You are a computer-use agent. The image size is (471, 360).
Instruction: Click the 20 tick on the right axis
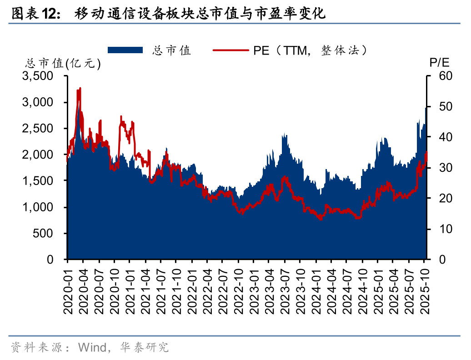pyautogui.click(x=440, y=199)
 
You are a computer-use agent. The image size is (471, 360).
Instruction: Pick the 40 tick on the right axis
pyautogui.click(x=440, y=137)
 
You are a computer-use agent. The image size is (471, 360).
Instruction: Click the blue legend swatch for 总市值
pyautogui.click(x=125, y=50)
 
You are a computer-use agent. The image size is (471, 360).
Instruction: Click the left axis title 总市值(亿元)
pyautogui.click(x=63, y=64)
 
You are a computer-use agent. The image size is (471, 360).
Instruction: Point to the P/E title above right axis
pyautogui.click(x=439, y=63)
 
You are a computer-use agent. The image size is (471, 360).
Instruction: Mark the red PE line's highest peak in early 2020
pyautogui.click(x=80, y=88)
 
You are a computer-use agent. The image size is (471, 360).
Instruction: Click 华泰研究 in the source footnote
pyautogui.click(x=144, y=348)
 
